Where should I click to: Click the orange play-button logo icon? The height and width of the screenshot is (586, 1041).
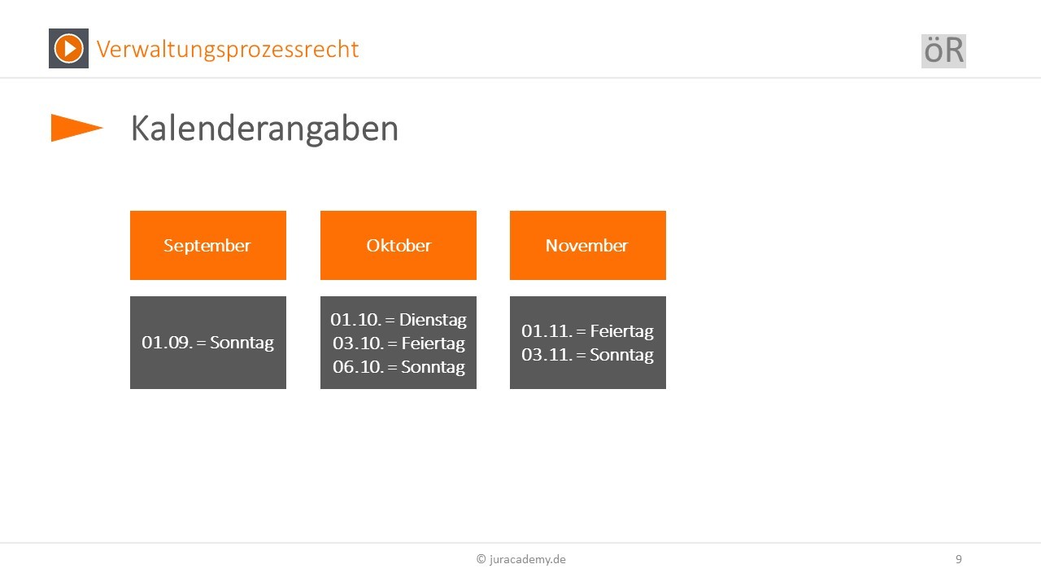(x=69, y=48)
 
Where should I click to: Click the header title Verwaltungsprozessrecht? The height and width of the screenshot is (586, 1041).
(x=227, y=50)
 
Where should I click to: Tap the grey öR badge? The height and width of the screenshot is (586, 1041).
(x=943, y=51)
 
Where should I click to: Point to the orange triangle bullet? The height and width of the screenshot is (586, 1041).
(x=76, y=128)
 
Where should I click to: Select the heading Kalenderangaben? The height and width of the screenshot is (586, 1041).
(x=264, y=129)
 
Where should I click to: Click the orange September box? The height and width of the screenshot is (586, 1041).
(x=208, y=246)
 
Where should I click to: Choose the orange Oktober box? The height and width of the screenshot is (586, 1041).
(x=399, y=246)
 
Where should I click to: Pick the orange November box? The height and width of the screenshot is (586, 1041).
(x=588, y=246)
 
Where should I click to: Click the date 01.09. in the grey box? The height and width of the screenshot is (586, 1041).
(x=168, y=343)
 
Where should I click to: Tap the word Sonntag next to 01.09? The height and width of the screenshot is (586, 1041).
(x=242, y=343)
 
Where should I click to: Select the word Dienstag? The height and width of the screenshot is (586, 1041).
(x=433, y=321)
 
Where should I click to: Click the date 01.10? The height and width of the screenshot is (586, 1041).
(x=356, y=320)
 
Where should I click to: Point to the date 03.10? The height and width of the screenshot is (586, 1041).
(x=358, y=343)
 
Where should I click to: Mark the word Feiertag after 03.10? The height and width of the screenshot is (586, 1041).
(x=433, y=343)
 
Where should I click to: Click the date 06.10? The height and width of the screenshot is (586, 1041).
(x=358, y=367)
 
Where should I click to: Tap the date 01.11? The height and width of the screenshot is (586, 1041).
(x=547, y=331)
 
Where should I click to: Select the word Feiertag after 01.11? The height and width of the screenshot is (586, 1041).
(x=622, y=331)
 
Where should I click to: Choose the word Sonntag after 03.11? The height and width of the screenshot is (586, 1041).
(x=622, y=356)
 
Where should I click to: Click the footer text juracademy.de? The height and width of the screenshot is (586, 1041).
(x=528, y=559)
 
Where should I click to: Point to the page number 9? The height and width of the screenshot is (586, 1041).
(x=959, y=559)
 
